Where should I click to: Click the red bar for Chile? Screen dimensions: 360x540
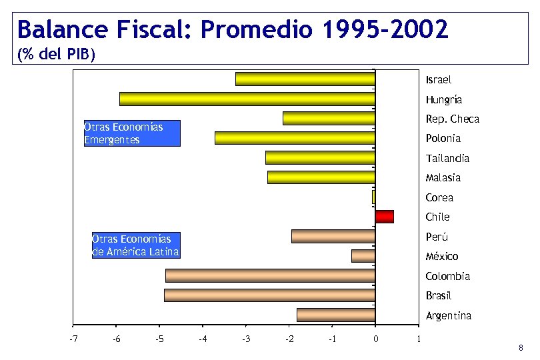click(x=384, y=217)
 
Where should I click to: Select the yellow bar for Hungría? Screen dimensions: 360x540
click(x=247, y=99)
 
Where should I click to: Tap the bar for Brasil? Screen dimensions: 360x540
click(x=269, y=295)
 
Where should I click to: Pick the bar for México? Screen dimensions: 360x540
click(x=363, y=256)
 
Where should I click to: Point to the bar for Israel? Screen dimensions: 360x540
click(x=305, y=79)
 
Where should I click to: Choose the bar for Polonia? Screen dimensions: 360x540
click(x=295, y=138)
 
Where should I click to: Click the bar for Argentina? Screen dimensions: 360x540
click(x=335, y=315)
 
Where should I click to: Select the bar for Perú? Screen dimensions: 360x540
click(x=333, y=236)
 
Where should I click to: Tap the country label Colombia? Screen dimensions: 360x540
click(x=447, y=276)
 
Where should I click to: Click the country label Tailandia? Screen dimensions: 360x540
click(x=447, y=158)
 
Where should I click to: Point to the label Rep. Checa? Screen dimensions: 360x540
click(x=452, y=119)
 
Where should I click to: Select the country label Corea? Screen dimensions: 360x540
click(x=439, y=197)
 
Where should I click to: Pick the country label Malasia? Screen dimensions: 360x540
click(x=443, y=177)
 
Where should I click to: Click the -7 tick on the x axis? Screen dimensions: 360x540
click(x=73, y=339)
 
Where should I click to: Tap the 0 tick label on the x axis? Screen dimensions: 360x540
click(x=375, y=339)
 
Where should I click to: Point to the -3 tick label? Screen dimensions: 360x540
click(x=245, y=339)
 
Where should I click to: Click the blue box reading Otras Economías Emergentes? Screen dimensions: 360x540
click(x=132, y=133)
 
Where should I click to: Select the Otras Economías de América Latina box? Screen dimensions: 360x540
click(x=136, y=245)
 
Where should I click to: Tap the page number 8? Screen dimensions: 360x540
click(x=521, y=348)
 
